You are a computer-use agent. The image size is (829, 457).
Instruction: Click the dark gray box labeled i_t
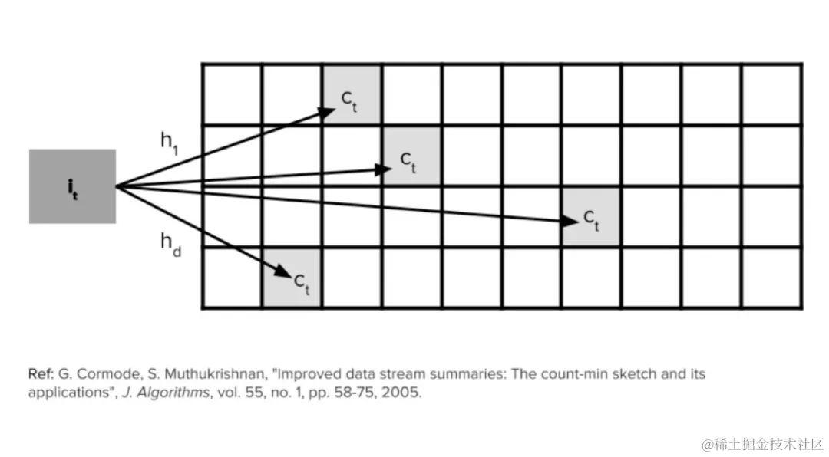[x=72, y=186]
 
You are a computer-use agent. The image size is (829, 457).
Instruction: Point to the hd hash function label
[x=170, y=243]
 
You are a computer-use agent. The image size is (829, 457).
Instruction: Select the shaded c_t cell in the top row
[x=352, y=95]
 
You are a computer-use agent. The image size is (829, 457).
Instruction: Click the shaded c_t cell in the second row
[x=411, y=156]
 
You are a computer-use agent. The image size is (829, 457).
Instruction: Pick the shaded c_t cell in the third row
[x=591, y=217]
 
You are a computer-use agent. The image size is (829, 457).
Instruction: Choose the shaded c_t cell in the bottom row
[x=292, y=278]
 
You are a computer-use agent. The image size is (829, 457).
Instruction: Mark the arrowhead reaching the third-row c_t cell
[x=570, y=221]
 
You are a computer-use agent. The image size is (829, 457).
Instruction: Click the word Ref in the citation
[x=41, y=374]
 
